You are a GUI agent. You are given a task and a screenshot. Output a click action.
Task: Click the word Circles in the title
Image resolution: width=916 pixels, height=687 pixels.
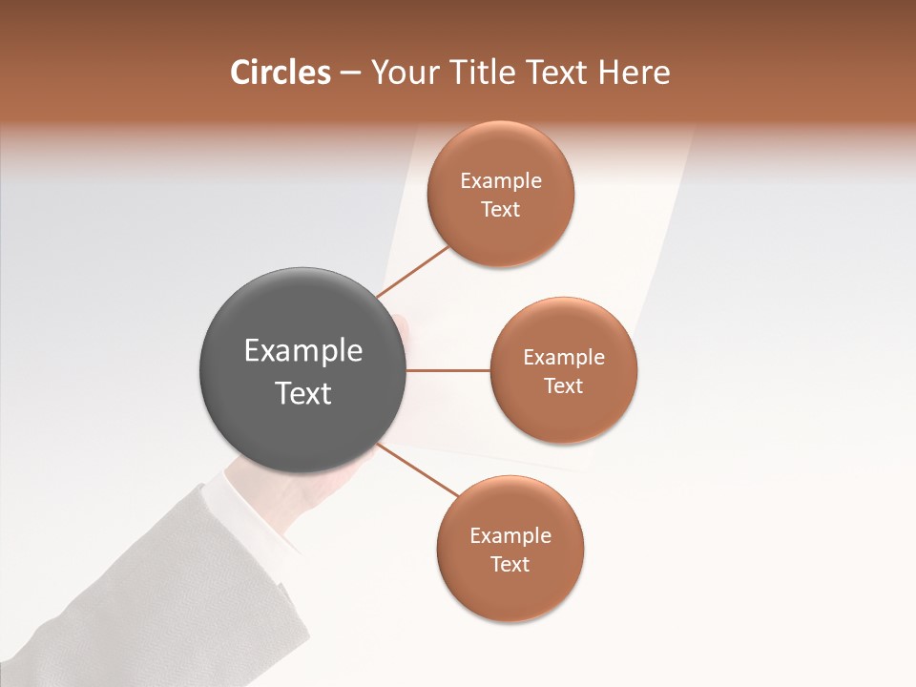(280, 73)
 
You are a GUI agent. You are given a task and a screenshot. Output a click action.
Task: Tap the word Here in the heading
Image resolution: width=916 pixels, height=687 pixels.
(633, 73)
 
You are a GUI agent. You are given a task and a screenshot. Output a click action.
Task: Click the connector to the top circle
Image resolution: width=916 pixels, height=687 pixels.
(412, 271)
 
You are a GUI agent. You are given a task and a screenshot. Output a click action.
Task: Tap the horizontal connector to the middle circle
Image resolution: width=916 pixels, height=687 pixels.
(448, 370)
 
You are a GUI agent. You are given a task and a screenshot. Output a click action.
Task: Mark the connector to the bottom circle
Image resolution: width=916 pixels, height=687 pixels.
(417, 469)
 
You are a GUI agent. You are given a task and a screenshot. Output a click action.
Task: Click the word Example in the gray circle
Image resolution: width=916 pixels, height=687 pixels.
(303, 351)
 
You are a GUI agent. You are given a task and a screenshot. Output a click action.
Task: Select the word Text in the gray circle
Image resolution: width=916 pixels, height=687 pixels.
(303, 393)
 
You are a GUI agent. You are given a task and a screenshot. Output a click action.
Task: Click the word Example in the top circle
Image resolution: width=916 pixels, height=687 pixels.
(501, 181)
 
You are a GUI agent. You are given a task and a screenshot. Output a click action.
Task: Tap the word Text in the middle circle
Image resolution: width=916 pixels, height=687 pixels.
(563, 386)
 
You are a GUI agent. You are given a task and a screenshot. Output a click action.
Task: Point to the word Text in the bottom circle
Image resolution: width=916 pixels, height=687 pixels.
(510, 565)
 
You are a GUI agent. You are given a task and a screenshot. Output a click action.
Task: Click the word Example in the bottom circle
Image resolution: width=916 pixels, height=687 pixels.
(510, 536)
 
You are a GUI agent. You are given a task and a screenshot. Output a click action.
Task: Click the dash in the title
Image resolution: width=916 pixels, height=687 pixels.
(350, 73)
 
